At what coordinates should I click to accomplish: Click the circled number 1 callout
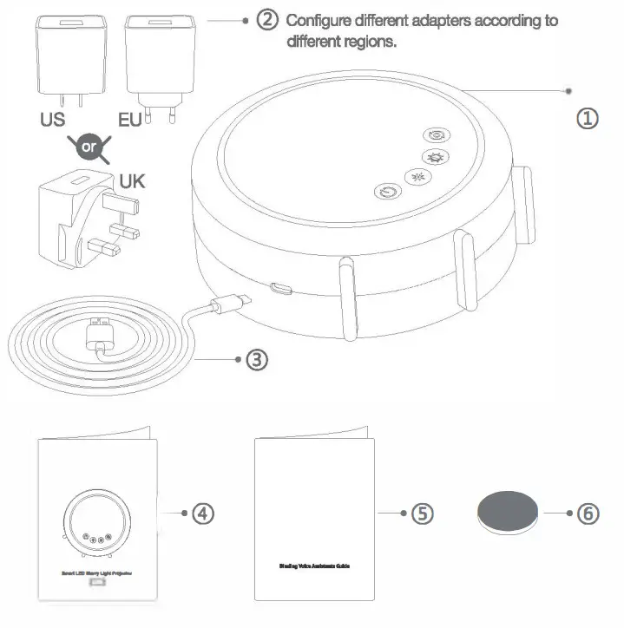pyautogui.click(x=588, y=118)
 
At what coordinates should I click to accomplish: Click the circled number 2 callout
pyautogui.click(x=267, y=20)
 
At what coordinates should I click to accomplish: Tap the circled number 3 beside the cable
pyautogui.click(x=256, y=358)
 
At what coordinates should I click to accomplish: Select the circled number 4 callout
pyautogui.click(x=202, y=513)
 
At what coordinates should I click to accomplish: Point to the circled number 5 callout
pyautogui.click(x=421, y=513)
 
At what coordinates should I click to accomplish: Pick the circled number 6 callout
pyautogui.click(x=588, y=513)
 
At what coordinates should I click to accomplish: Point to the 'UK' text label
pyautogui.click(x=132, y=182)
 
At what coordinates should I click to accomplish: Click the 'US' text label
pyautogui.click(x=52, y=120)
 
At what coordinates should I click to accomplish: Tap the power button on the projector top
pyautogui.click(x=384, y=193)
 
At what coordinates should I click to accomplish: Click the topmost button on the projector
pyautogui.click(x=436, y=135)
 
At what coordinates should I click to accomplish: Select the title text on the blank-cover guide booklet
pyautogui.click(x=314, y=566)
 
